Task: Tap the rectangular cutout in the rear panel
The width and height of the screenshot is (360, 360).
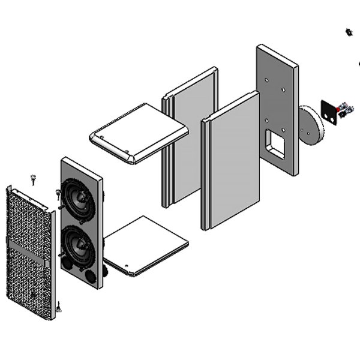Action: tap(277, 143)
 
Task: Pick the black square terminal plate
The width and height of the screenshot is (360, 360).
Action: tap(329, 111)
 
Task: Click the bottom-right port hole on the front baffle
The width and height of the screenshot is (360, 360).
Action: tap(89, 276)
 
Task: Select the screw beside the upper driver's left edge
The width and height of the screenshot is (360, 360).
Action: tap(58, 193)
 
